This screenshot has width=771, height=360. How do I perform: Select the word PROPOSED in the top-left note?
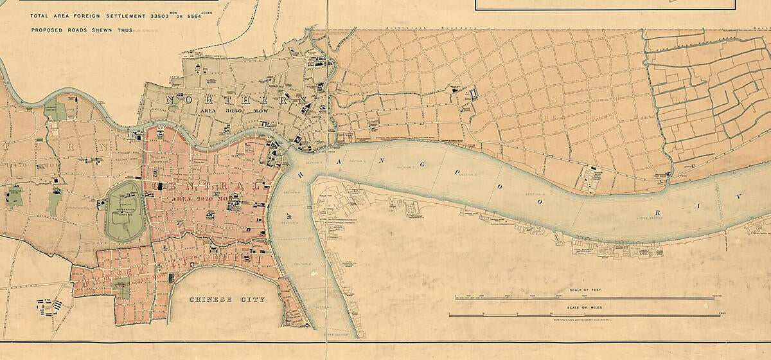pos(48,30)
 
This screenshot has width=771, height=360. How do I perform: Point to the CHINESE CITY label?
pos(227,300)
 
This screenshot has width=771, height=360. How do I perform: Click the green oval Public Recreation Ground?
pos(125,211)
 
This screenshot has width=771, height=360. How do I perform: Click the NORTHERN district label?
pos(235,100)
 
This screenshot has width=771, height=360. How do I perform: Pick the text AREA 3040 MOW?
pos(225,111)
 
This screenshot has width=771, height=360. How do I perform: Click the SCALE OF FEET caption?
pos(585,291)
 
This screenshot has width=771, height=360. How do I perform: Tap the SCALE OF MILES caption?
pos(584,307)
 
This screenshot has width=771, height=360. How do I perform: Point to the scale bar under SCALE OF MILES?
pos(584,315)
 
